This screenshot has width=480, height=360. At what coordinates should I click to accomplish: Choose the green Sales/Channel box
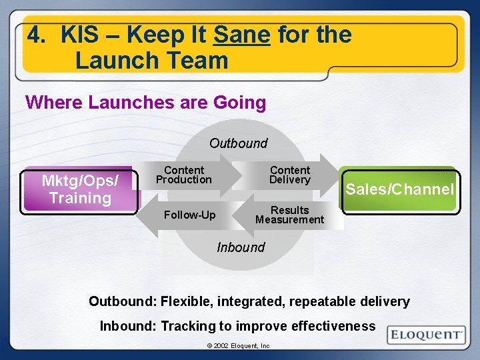tap(399, 189)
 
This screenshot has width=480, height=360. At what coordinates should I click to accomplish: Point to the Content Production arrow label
tap(183, 175)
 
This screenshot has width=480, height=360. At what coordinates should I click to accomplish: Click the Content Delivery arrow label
tap(289, 175)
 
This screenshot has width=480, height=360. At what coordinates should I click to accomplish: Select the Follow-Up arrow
tap(189, 215)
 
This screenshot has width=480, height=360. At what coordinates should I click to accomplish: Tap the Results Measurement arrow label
tap(289, 215)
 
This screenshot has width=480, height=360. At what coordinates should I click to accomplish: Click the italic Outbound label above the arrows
tap(238, 143)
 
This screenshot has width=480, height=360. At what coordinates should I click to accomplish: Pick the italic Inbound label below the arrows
tap(241, 247)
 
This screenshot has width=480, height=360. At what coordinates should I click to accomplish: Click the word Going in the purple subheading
tap(239, 103)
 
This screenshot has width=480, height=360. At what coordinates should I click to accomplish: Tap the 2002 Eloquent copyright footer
tap(238, 346)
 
